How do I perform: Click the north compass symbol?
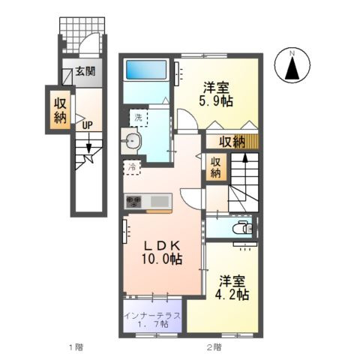click(x=294, y=66)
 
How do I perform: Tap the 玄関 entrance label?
click(x=85, y=72)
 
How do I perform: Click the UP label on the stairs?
click(x=88, y=125)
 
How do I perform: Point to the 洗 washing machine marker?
click(x=138, y=117)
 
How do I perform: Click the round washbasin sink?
click(x=133, y=140)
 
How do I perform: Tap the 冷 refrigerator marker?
click(x=132, y=166)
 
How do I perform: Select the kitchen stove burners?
click(x=135, y=200)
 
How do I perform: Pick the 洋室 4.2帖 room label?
click(x=232, y=287)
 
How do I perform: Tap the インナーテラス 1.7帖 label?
click(x=153, y=320)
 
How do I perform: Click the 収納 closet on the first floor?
click(x=61, y=110)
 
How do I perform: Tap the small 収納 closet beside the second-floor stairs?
click(x=215, y=167)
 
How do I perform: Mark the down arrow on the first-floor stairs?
click(x=88, y=150)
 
